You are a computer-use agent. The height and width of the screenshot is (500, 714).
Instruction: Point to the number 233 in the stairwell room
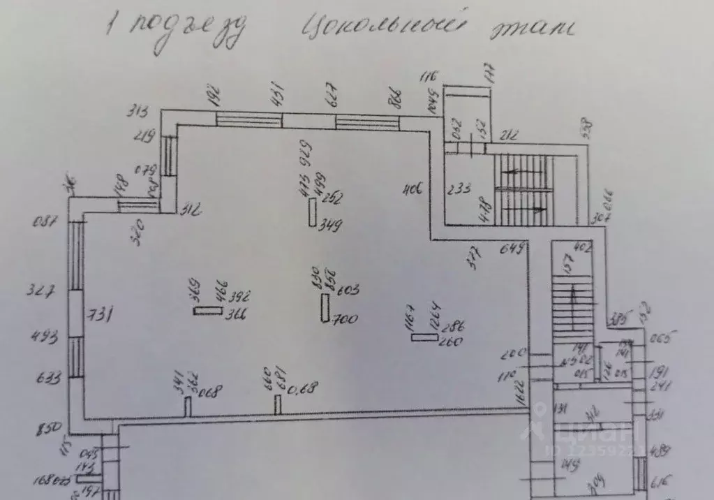click(x=459, y=188)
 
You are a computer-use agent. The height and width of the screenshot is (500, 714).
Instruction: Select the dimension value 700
click(x=345, y=320)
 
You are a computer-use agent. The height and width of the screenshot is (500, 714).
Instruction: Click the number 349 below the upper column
click(x=331, y=226)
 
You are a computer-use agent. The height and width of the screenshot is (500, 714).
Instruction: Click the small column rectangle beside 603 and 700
click(x=325, y=307)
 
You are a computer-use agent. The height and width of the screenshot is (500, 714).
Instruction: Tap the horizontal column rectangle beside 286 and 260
click(x=424, y=338)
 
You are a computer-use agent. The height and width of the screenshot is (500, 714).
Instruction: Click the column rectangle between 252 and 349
click(x=313, y=212)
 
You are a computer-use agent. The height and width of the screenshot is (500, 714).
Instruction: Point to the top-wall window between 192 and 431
click(x=249, y=119)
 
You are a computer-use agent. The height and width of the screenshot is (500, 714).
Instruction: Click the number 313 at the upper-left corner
click(x=140, y=112)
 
